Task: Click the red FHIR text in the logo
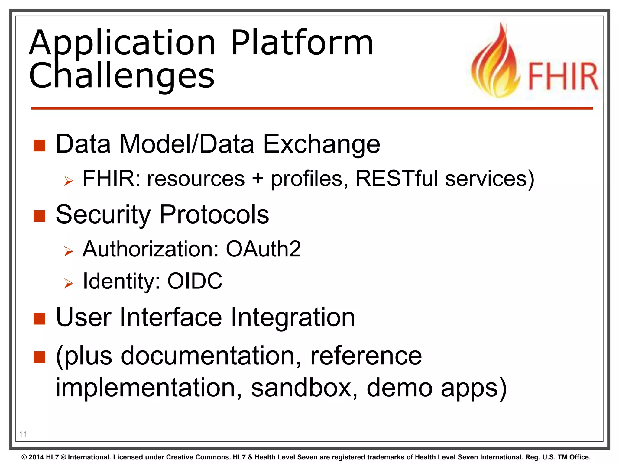(563, 76)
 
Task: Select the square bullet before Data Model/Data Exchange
(39, 145)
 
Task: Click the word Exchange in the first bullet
(321, 144)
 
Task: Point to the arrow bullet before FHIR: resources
(69, 181)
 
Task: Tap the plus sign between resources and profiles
(258, 178)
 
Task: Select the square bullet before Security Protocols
(39, 216)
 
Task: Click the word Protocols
(214, 214)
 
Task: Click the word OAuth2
(263, 249)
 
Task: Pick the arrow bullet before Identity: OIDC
(69, 283)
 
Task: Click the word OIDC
(195, 281)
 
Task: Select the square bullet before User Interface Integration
(39, 319)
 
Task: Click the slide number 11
(23, 434)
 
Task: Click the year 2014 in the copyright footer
(37, 457)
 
